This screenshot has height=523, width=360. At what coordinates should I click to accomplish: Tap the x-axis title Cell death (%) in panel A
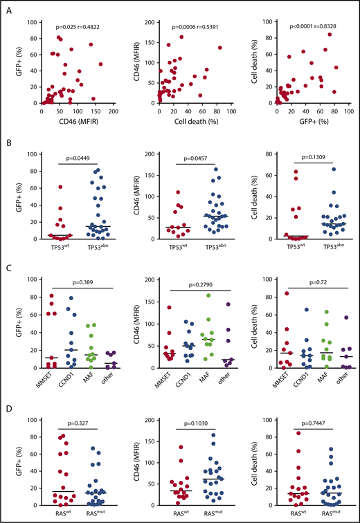(194, 125)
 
